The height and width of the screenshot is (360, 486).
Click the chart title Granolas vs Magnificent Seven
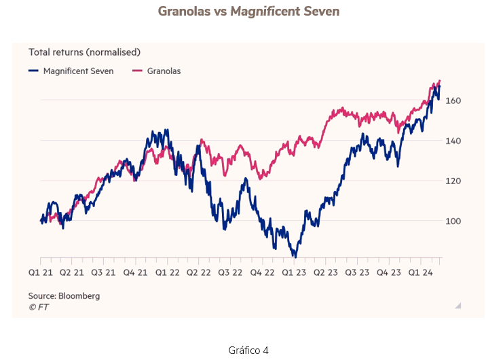tap(248, 12)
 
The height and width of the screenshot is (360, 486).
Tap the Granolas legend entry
tap(164, 71)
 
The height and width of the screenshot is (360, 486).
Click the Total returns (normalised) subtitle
tap(84, 52)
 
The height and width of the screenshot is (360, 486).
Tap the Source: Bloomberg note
tap(64, 296)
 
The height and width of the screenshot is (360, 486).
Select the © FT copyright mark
tap(38, 307)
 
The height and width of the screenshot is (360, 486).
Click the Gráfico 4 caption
tap(249, 350)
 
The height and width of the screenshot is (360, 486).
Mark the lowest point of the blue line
tap(295, 257)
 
